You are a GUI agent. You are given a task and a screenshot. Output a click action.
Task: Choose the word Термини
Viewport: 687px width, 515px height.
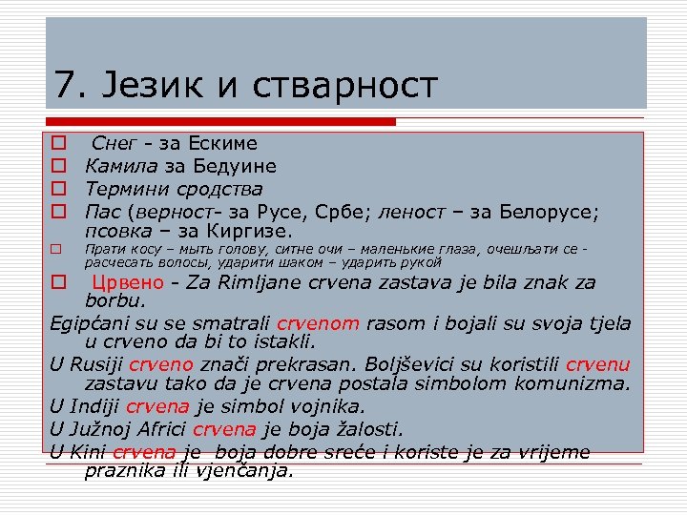click(127, 188)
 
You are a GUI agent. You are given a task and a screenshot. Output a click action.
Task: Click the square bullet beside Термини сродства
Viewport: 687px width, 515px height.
click(57, 189)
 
